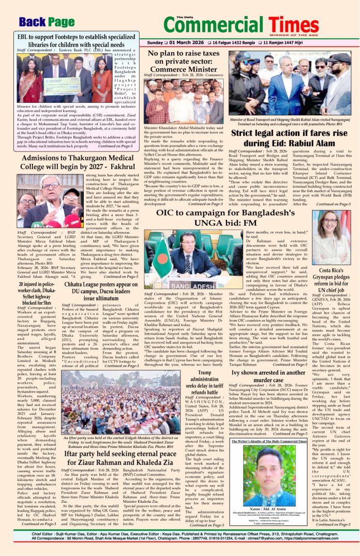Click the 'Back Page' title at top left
46,22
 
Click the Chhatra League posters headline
102,291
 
